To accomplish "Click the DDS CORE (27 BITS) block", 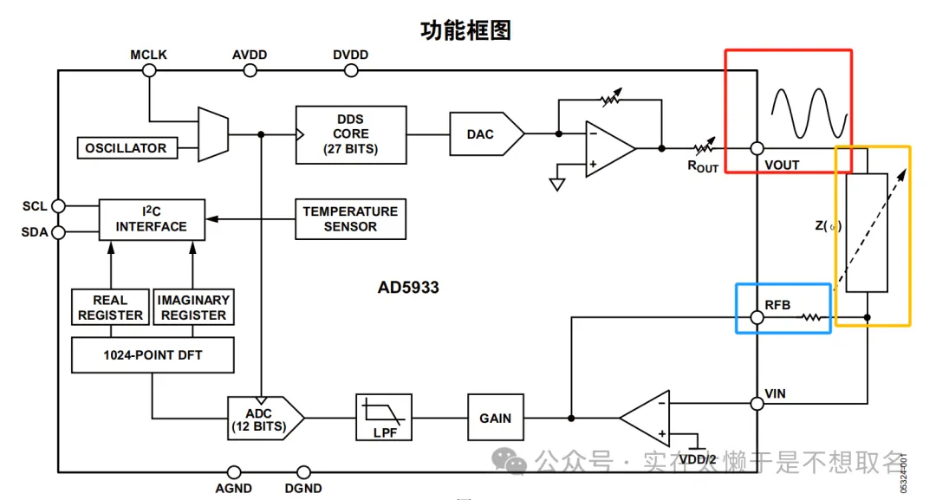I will click(x=351, y=134).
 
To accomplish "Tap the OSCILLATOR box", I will click(x=126, y=148).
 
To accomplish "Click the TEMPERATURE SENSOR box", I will click(x=350, y=219).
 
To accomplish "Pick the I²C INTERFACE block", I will click(x=152, y=219).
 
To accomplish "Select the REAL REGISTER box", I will click(x=110, y=308).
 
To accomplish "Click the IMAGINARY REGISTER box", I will click(x=193, y=308).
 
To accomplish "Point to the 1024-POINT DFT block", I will click(x=152, y=355).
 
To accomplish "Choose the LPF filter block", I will click(x=384, y=418).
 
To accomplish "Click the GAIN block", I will click(x=495, y=418).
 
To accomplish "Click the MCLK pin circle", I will click(x=149, y=71).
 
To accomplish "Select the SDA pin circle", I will click(x=58, y=232).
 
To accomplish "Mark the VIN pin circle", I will click(x=757, y=403).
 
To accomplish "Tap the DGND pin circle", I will click(x=303, y=472).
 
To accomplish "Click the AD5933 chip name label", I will click(x=408, y=288).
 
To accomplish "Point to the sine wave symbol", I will click(x=808, y=113).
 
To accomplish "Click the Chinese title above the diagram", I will click(x=466, y=30).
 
